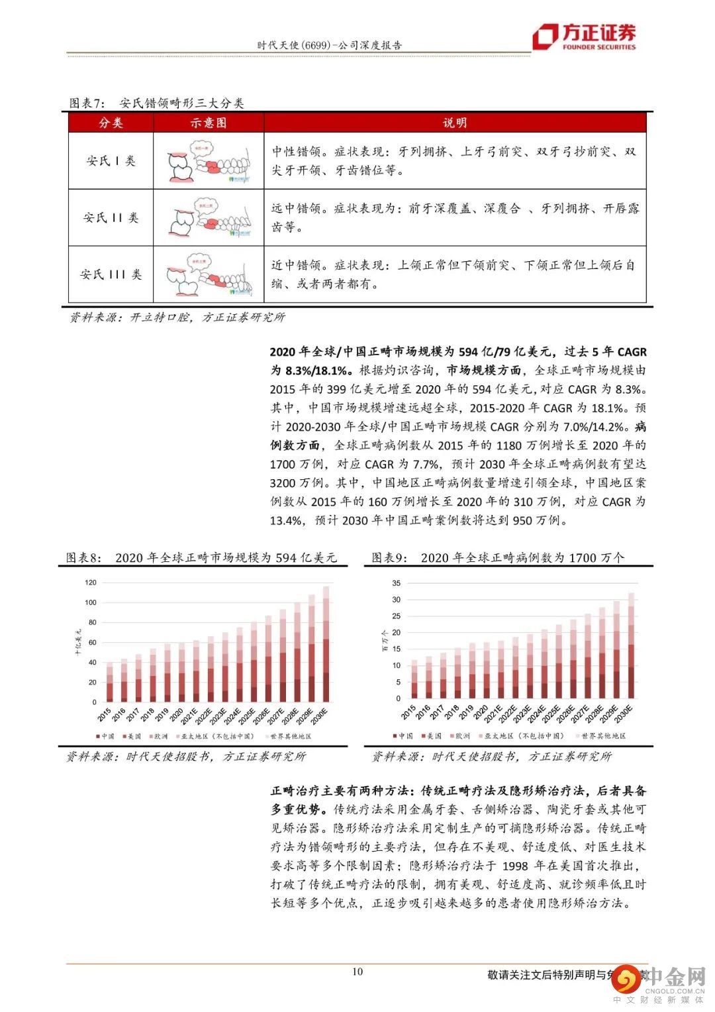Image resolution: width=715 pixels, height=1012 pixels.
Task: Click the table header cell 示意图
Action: pos(208,123)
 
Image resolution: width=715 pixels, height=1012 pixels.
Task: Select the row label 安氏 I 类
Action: pos(111,160)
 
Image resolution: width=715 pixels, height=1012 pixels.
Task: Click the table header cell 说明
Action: pos(454,123)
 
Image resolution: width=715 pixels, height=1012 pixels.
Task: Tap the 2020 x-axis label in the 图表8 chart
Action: pos(176,714)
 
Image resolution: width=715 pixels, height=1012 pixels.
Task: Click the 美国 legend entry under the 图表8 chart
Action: pos(131,736)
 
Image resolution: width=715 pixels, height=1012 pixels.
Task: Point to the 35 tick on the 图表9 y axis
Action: pos(396,583)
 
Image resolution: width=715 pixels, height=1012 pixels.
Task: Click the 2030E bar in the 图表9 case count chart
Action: pos(631,646)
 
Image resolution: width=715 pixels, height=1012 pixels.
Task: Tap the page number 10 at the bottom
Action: pos(358,972)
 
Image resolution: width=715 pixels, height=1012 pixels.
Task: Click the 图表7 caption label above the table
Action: pos(87,103)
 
